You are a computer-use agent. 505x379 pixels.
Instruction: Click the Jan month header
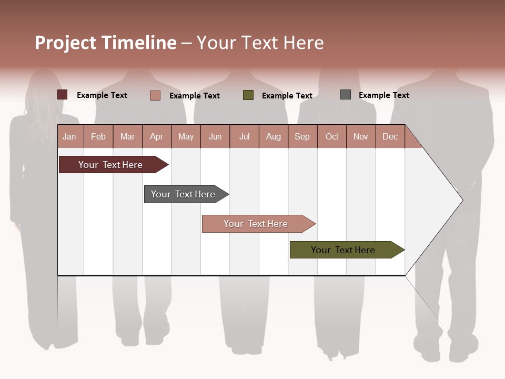69,136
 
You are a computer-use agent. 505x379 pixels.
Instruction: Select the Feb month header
98,136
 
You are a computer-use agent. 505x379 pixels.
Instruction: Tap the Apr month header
156,136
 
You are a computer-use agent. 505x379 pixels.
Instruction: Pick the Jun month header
215,136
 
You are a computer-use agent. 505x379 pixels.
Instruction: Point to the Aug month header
273,136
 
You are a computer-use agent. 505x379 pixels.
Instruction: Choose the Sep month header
302,136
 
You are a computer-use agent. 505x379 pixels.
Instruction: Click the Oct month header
332,136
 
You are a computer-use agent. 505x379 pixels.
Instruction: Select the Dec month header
390,136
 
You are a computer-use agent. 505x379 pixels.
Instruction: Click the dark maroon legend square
62,95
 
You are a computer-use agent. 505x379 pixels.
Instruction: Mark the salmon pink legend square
155,95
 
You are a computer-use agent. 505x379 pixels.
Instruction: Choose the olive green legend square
248,95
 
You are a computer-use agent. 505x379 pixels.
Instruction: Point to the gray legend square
346,95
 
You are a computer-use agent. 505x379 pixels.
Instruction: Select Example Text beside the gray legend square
383,95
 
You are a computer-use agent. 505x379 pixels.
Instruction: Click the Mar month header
127,136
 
